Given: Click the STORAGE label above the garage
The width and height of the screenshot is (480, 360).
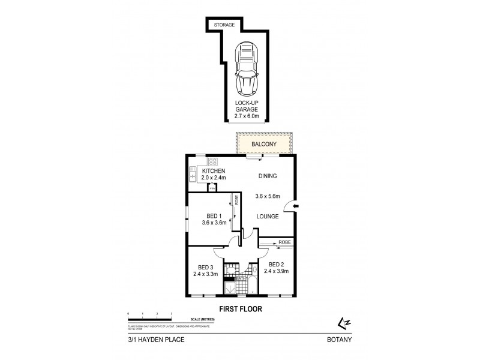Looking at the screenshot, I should (224, 25).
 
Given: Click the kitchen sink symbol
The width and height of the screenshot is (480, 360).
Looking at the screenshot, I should (193, 175).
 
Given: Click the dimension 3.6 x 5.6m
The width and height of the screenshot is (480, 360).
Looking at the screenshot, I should (268, 196).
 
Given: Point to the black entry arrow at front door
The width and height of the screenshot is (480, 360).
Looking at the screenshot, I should (296, 208).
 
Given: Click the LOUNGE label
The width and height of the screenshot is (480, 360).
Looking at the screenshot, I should (268, 216).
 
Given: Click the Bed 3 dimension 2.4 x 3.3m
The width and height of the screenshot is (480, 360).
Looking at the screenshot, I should (205, 274).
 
